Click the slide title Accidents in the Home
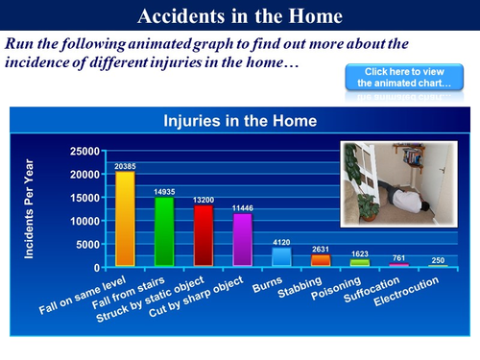point(239,16)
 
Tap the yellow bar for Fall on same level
point(125,219)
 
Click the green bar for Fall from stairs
point(164,231)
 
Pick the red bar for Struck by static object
point(204,235)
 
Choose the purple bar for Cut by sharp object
point(243,239)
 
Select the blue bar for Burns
point(281,256)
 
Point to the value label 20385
point(125,166)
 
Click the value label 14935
point(164,191)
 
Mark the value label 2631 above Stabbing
point(321,250)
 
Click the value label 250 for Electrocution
point(438,260)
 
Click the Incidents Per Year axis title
point(30,208)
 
